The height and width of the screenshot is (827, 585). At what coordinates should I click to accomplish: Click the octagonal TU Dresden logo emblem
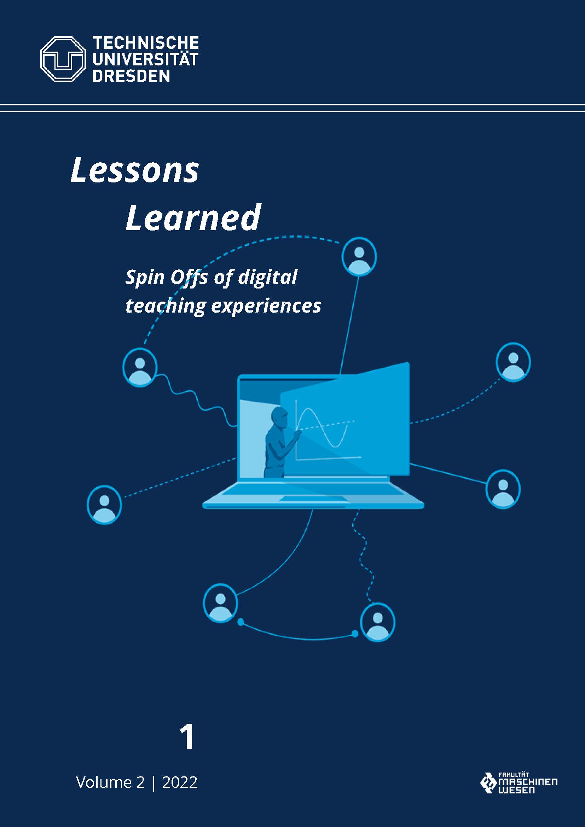tap(63, 59)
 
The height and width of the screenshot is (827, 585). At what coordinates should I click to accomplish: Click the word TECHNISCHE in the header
tap(146, 43)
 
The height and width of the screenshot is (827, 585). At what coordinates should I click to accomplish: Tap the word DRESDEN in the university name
tap(131, 76)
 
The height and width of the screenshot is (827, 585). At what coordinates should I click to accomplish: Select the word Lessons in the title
tap(135, 170)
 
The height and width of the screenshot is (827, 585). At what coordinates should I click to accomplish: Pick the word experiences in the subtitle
tap(266, 307)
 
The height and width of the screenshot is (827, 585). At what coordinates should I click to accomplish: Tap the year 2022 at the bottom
tap(180, 782)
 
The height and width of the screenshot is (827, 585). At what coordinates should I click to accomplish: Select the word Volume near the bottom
tap(104, 782)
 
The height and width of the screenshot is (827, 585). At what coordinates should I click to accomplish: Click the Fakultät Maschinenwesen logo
tap(519, 782)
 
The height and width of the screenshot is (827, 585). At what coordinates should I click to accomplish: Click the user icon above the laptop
tap(359, 256)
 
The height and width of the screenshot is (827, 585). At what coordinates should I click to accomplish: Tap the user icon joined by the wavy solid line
tap(140, 367)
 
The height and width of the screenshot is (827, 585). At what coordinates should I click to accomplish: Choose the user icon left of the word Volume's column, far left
tap(104, 505)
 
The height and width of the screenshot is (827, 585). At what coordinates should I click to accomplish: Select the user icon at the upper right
tap(513, 362)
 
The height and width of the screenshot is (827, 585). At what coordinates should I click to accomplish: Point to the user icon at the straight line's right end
tap(503, 489)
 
